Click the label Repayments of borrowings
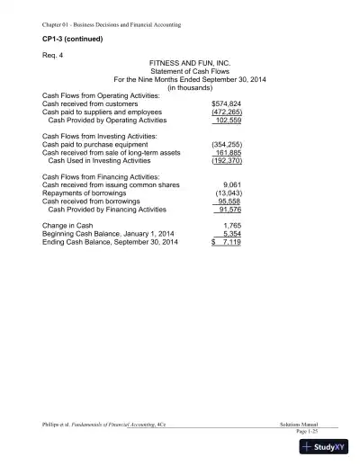85,193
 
